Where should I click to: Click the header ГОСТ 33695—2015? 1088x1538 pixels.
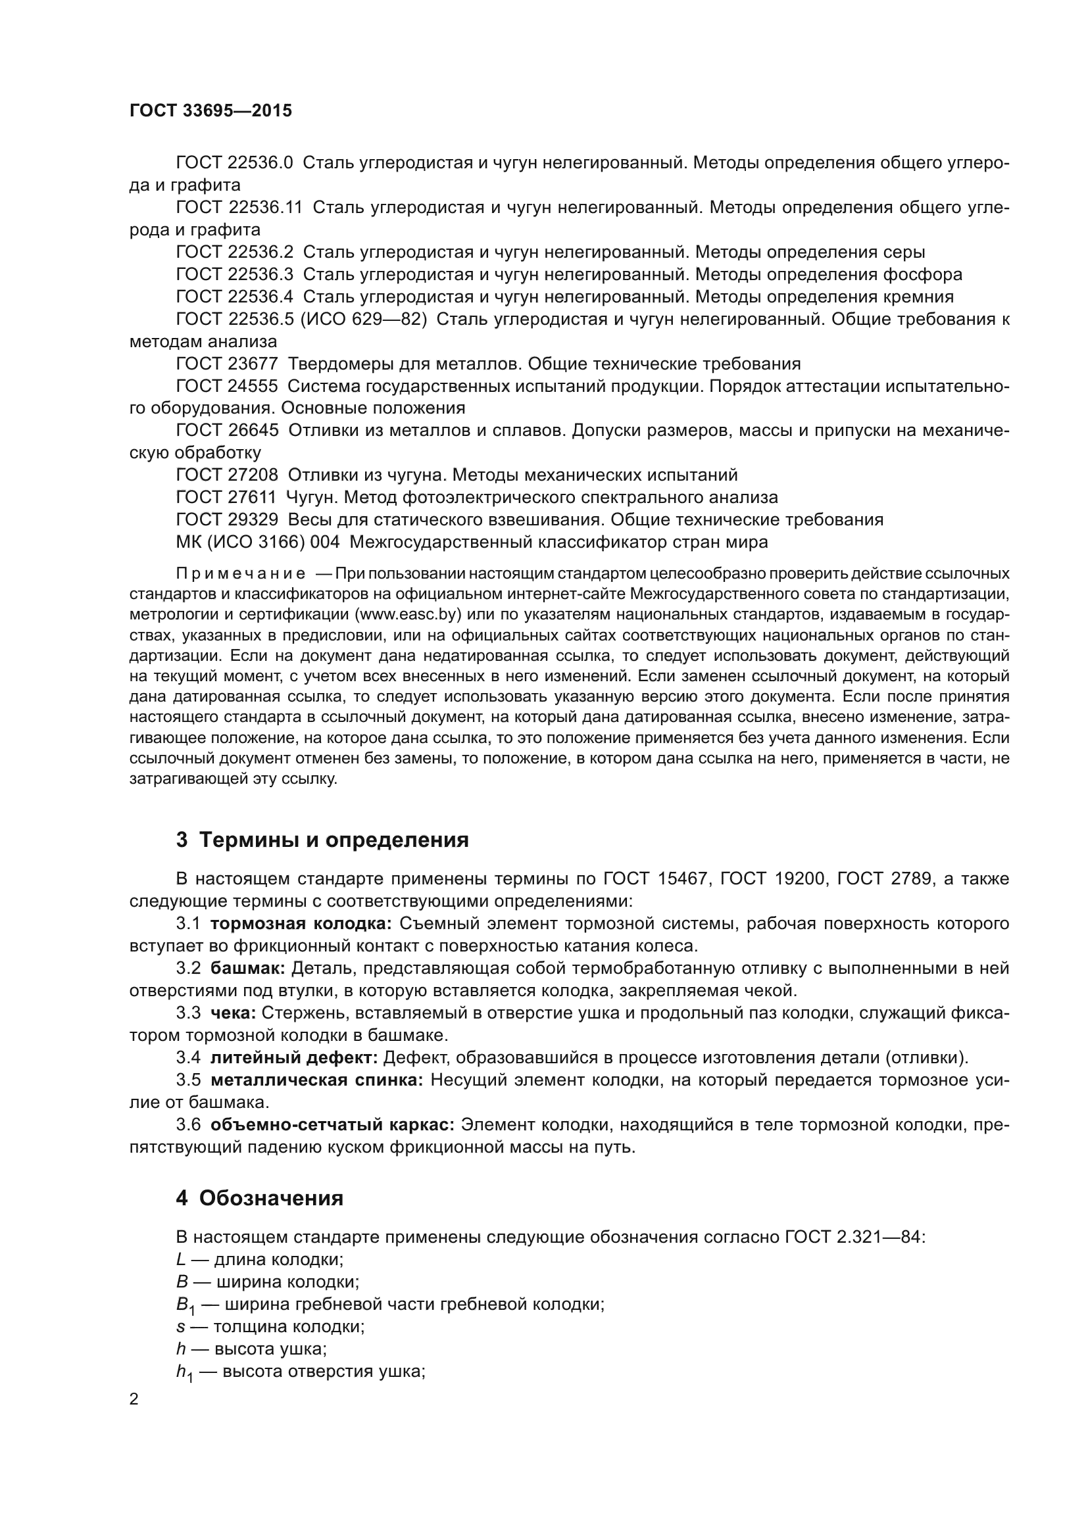tap(210, 111)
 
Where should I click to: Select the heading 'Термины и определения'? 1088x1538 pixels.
tap(322, 840)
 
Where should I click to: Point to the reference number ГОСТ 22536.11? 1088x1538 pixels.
tap(239, 208)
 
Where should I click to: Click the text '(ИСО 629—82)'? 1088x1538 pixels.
tap(363, 320)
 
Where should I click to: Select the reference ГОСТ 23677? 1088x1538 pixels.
tap(226, 364)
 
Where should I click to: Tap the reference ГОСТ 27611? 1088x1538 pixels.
tap(225, 497)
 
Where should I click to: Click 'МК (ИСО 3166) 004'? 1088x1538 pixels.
tap(257, 542)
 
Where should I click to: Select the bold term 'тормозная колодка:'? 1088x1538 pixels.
tap(301, 924)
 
